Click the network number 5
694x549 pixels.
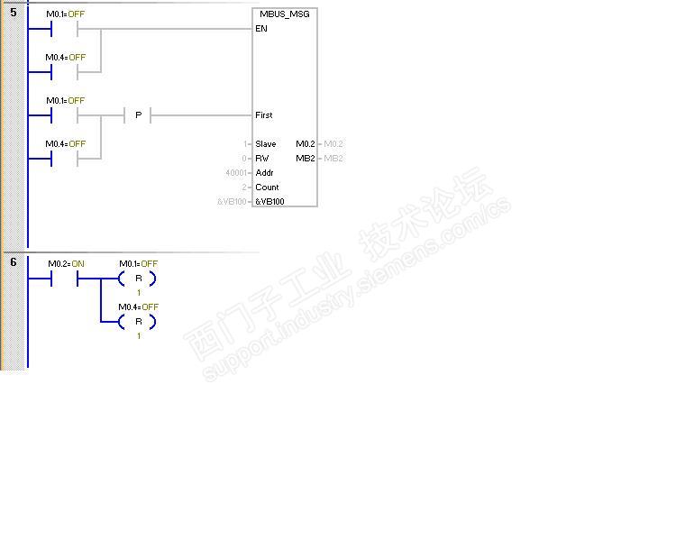coord(14,14)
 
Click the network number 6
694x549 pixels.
coord(14,262)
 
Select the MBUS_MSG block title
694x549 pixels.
coord(285,14)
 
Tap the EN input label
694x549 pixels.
coord(261,29)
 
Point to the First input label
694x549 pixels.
coord(264,115)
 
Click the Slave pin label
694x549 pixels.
coord(266,144)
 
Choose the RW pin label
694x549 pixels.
coord(262,159)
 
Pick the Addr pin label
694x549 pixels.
coord(264,173)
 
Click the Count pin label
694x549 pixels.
coord(267,188)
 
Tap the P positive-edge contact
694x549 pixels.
coord(138,115)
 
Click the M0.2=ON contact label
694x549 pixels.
coord(66,264)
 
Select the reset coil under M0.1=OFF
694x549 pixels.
coord(138,279)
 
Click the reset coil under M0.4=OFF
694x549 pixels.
coord(138,322)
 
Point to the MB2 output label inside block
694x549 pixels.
coord(306,159)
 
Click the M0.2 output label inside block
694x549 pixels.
coord(306,144)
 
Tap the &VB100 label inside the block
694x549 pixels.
coord(269,202)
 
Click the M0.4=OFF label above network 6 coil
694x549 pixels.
coord(138,307)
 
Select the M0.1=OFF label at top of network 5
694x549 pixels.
coord(66,14)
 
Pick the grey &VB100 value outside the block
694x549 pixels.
coord(232,202)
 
